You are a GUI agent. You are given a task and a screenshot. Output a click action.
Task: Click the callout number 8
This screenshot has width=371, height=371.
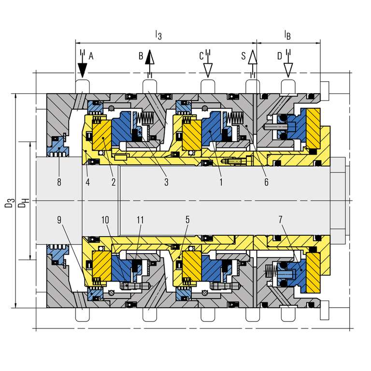pos(59,182)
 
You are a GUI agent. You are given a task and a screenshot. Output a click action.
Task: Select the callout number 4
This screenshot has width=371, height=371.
pos(88,182)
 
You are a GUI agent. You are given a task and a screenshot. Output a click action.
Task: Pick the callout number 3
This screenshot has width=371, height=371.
pos(166,182)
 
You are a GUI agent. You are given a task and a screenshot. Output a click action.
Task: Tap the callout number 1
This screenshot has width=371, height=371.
pos(221,182)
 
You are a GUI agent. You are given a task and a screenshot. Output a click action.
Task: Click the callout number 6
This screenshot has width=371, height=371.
pos(267,182)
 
